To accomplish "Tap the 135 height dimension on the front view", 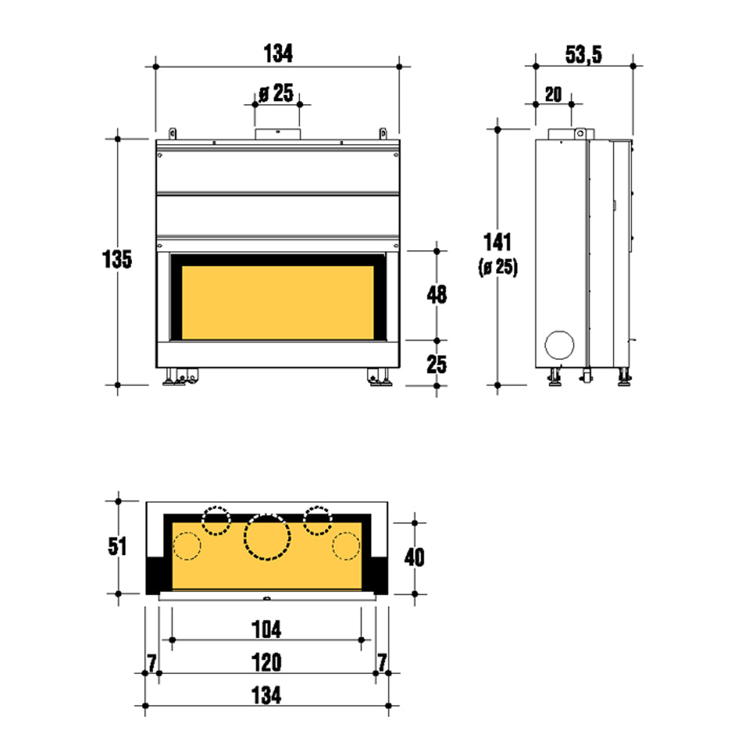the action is coord(117,259).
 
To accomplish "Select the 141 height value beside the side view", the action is coord(497,242).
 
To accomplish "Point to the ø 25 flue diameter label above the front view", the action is coord(276,93).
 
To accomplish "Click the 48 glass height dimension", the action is coord(437,294).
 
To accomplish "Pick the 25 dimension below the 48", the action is coord(437,364).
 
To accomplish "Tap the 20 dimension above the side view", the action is coord(553,94).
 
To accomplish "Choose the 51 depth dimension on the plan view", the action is coord(117,546).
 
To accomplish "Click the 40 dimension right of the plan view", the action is coord(414,557).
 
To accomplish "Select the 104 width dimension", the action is coord(266,630).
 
